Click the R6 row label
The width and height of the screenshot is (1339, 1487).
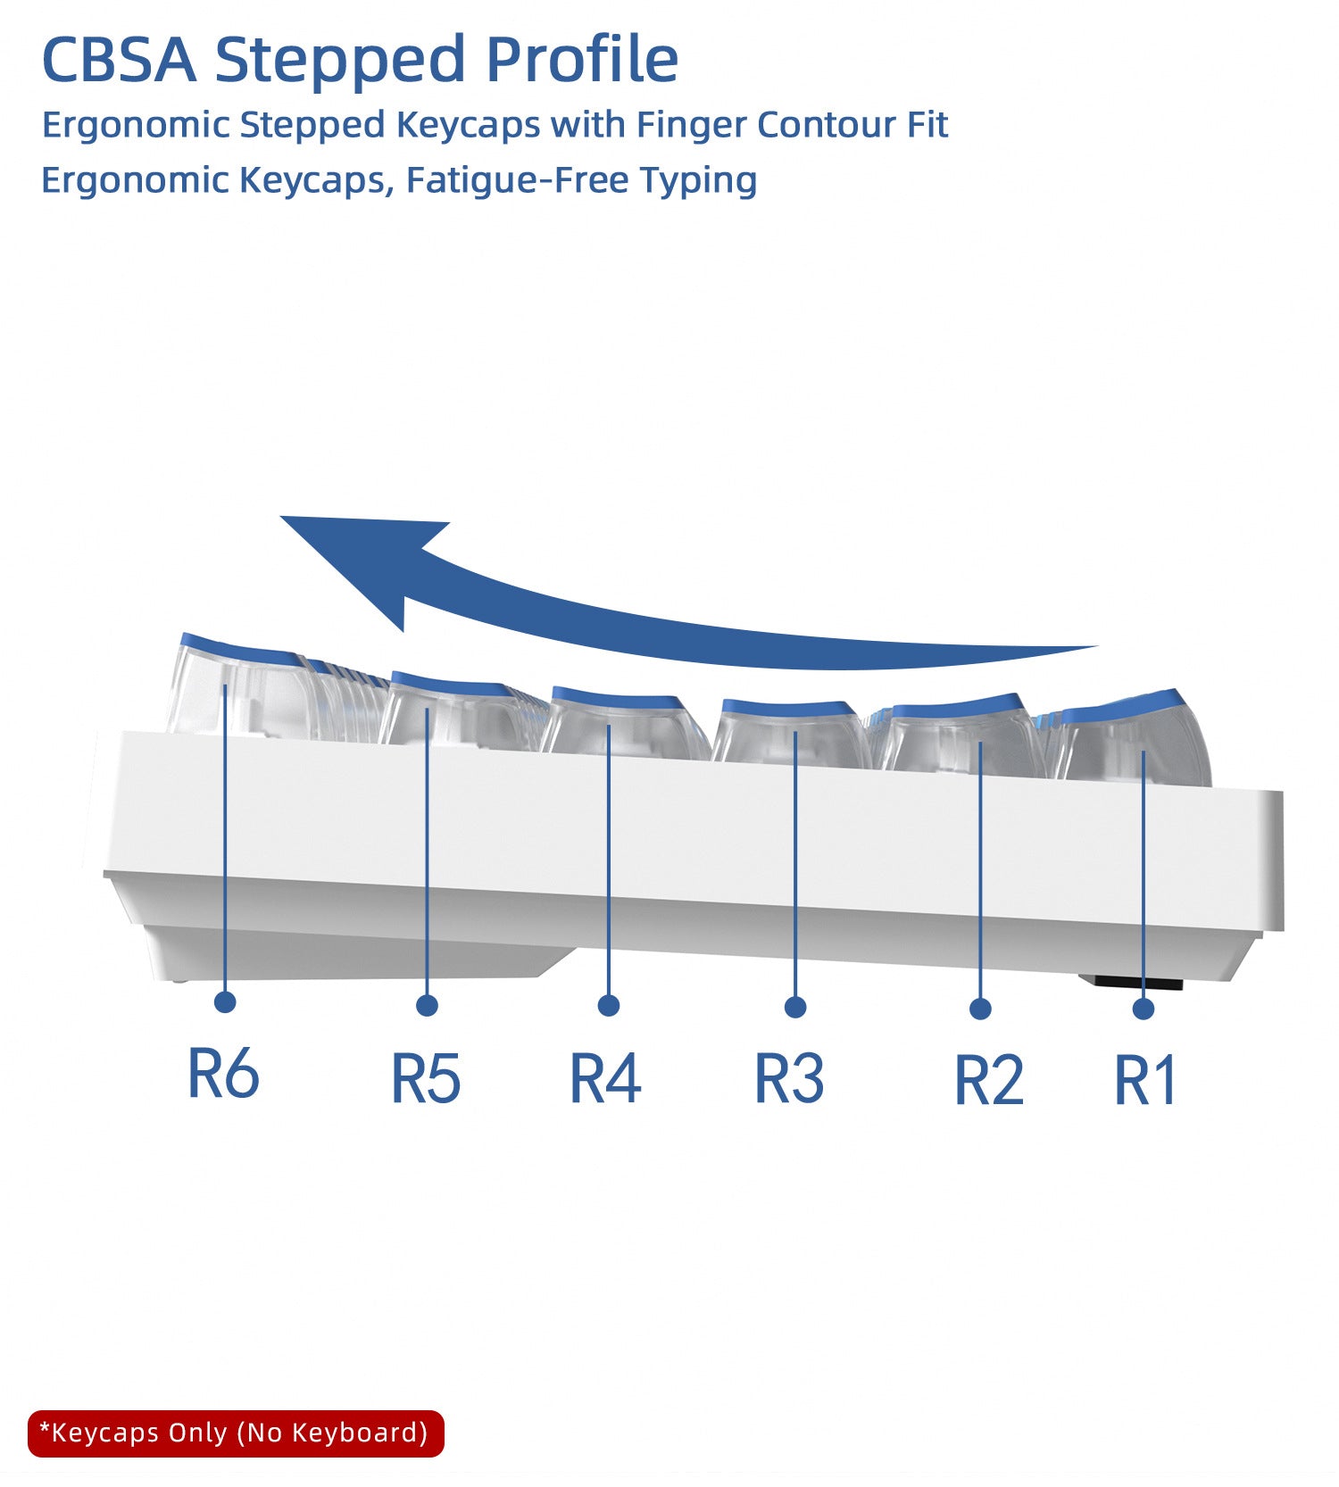[223, 1073]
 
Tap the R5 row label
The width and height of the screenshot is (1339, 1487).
[426, 1078]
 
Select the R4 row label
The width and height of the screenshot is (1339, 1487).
[605, 1078]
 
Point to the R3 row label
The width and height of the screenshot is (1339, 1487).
[790, 1078]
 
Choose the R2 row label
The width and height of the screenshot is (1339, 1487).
[989, 1080]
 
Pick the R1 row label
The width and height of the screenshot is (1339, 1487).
[1146, 1080]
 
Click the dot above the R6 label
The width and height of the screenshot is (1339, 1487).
[225, 1001]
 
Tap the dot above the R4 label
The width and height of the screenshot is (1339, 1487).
[609, 1005]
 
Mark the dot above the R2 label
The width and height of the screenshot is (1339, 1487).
[980, 1009]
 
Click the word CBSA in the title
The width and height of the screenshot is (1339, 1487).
[119, 60]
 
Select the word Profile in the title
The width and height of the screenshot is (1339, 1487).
[581, 60]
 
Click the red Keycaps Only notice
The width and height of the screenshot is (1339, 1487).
[236, 1433]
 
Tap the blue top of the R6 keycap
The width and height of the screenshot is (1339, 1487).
[239, 646]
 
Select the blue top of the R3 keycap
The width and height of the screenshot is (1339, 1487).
[789, 708]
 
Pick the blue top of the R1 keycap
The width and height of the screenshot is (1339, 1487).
[1123, 706]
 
